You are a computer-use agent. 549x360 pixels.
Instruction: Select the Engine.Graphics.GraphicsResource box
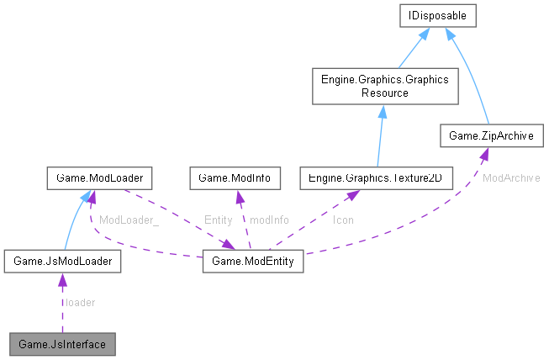tap(382, 86)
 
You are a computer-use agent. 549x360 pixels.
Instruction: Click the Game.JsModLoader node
tap(62, 262)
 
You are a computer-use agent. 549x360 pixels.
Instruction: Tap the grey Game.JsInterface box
tap(62, 344)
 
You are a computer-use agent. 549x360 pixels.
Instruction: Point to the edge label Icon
tap(342, 220)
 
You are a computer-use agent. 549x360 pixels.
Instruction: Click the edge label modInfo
tap(269, 220)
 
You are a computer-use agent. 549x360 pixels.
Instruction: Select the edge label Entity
tap(218, 220)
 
